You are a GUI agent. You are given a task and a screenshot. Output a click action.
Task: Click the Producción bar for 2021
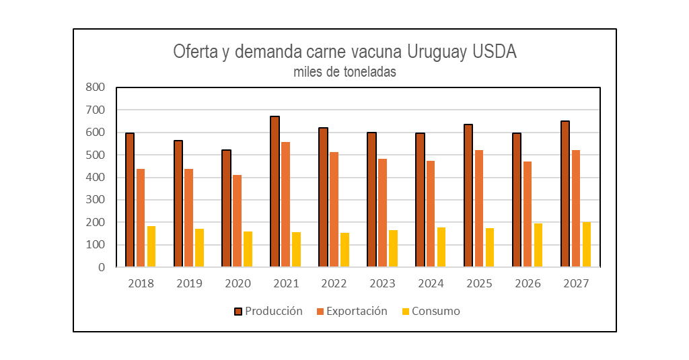pyautogui.click(x=275, y=192)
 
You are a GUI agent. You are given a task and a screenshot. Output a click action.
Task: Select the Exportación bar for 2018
pyautogui.click(x=141, y=218)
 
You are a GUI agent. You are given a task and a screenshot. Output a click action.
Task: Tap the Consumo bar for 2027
pyautogui.click(x=587, y=245)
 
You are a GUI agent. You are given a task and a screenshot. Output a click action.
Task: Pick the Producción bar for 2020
pyautogui.click(x=226, y=209)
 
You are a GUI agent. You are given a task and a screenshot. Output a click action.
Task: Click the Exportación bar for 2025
pyautogui.click(x=479, y=209)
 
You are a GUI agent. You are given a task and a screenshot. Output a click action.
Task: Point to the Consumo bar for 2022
pyautogui.click(x=345, y=250)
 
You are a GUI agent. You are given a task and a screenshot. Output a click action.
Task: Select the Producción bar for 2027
pyautogui.click(x=565, y=194)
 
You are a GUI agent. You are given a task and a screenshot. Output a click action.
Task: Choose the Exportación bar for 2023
pyautogui.click(x=382, y=213)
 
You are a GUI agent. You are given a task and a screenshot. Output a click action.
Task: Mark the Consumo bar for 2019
pyautogui.click(x=199, y=248)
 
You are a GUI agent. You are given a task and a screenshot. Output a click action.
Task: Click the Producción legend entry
pyautogui.click(x=268, y=311)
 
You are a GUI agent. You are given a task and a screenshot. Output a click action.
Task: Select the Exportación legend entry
pyautogui.click(x=352, y=311)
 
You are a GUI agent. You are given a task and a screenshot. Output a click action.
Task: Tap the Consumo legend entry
pyautogui.click(x=431, y=311)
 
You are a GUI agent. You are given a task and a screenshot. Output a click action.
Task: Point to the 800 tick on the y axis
pyautogui.click(x=96, y=87)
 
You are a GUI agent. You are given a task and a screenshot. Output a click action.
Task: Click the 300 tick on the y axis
pyautogui.click(x=96, y=200)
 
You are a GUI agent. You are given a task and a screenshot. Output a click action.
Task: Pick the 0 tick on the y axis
pyautogui.click(x=102, y=267)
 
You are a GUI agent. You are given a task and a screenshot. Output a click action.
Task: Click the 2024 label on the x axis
pyautogui.click(x=431, y=283)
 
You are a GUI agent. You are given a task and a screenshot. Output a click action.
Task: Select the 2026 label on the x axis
pyautogui.click(x=528, y=283)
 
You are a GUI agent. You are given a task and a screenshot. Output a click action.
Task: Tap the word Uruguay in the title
pyautogui.click(x=437, y=52)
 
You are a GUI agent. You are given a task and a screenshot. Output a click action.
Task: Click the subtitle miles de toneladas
pyautogui.click(x=345, y=71)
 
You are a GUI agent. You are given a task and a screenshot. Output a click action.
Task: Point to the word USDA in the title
pyautogui.click(x=495, y=51)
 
